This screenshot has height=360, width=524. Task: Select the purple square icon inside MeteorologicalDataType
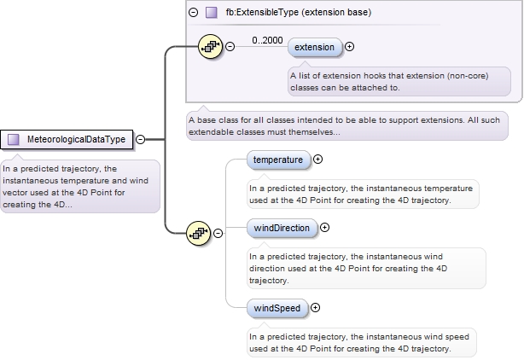tap(14, 139)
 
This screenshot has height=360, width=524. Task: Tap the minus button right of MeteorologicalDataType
tap(140, 139)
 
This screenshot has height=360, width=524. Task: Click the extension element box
tap(315, 47)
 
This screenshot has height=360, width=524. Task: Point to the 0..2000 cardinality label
tap(267, 39)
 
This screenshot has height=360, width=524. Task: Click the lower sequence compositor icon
tap(199, 232)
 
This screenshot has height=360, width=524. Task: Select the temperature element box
tap(278, 159)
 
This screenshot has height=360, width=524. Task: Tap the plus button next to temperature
tap(318, 159)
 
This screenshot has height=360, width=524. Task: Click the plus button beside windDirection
tap(324, 228)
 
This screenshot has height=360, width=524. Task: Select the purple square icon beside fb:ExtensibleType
tap(211, 13)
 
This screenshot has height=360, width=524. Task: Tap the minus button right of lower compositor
tap(218, 232)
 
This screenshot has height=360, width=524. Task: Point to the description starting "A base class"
tap(346, 125)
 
